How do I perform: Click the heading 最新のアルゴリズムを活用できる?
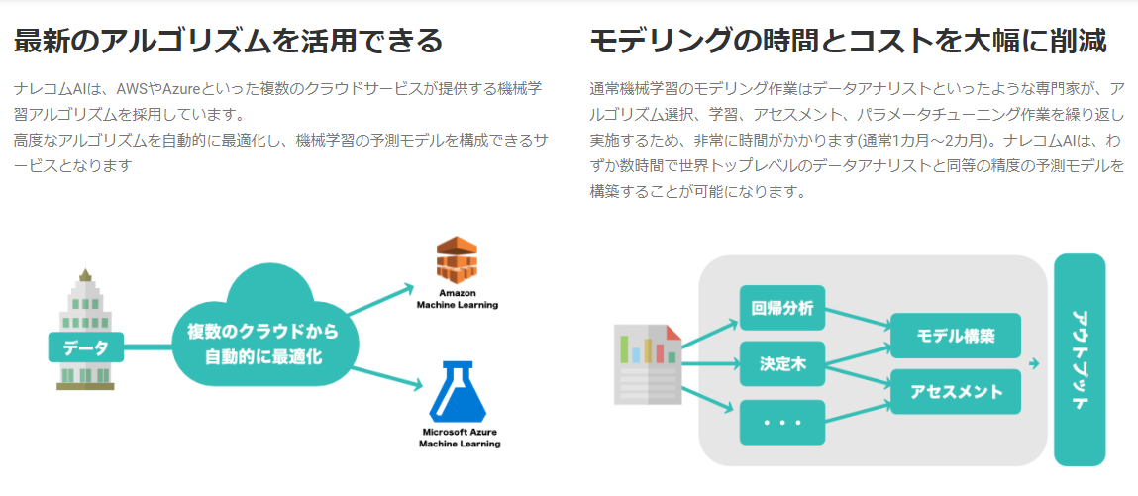point(229,41)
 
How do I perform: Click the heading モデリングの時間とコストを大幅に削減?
point(847,41)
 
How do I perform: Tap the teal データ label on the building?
point(85,347)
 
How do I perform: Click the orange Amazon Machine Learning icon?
point(457,260)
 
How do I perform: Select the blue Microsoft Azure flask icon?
point(458,393)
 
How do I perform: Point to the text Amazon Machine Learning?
point(457,299)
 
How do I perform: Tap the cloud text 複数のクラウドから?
point(262,332)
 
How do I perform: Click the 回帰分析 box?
point(782,308)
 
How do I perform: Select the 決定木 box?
point(782,363)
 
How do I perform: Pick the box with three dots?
point(782,422)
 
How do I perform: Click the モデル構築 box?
point(956,336)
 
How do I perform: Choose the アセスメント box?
point(956,391)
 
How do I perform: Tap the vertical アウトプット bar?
point(1080,359)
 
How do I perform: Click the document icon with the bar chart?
point(648,364)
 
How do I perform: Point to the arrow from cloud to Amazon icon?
point(381,302)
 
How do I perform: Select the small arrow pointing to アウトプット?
point(1034,364)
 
